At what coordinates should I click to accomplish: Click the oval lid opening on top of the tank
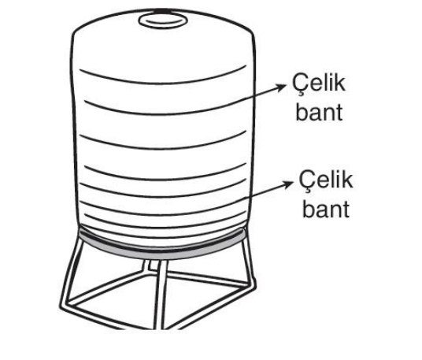[x=163, y=20]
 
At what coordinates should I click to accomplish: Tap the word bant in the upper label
[x=319, y=113]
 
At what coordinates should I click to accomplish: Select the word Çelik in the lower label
[x=326, y=180]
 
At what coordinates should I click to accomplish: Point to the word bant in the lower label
[x=326, y=209]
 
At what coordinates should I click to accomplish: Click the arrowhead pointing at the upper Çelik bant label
[x=282, y=87]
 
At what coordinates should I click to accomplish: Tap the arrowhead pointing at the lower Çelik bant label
[x=288, y=184]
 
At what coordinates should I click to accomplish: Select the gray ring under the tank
[x=161, y=253]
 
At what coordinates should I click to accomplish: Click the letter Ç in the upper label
[x=299, y=84]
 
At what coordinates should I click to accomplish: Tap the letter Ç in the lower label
[x=306, y=181]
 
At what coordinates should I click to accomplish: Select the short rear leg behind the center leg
[x=147, y=265]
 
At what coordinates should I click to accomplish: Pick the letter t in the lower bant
[x=346, y=210]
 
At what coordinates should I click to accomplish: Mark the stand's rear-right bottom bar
[x=207, y=278]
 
